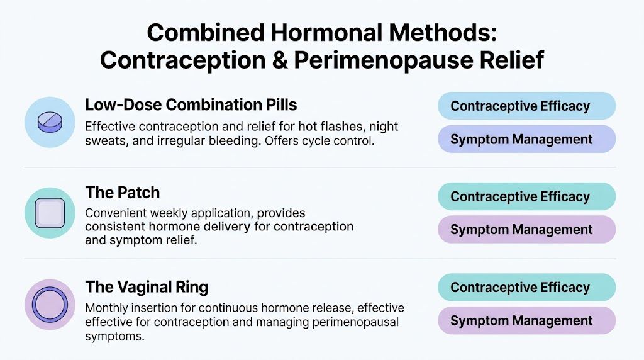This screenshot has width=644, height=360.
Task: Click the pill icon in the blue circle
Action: pos(50,122)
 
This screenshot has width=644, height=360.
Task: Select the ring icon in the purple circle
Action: pos(50,305)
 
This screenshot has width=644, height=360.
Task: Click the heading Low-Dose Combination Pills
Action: pos(191,104)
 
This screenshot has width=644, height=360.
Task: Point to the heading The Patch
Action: pos(122,193)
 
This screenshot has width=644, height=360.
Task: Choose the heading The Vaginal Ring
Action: pos(147,288)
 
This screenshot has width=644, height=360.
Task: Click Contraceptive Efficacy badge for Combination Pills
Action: pos(526,106)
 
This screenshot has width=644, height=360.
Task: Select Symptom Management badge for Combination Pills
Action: pos(526,139)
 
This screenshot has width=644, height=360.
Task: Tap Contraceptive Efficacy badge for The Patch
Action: pos(526,196)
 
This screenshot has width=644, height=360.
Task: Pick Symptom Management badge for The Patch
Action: pos(526,230)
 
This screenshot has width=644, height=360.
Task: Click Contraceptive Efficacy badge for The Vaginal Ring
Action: pos(526,288)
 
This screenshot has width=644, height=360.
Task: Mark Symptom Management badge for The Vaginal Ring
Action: pos(526,321)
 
